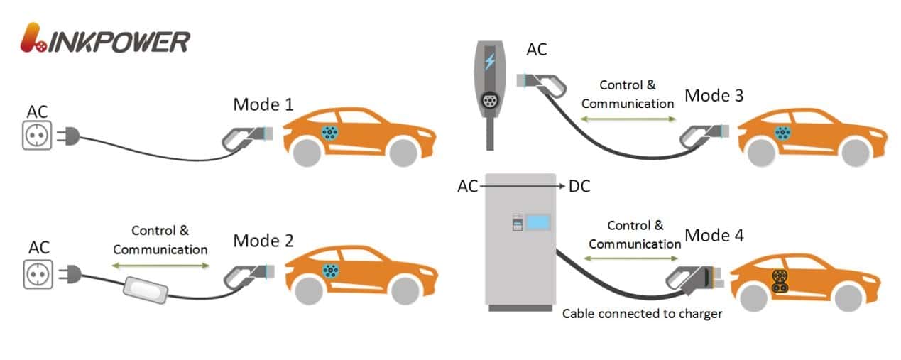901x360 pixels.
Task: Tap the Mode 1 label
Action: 263,105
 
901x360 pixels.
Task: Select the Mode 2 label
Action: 263,241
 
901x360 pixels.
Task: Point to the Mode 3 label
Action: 714,95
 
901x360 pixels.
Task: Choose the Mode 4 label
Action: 714,235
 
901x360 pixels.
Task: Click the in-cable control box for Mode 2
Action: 146,288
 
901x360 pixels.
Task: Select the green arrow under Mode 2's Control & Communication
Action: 160,266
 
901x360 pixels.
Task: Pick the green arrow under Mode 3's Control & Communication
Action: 628,119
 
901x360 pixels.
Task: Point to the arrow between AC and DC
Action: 522,186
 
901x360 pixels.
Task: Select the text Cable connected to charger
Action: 642,313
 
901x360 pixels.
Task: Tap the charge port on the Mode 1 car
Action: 329,132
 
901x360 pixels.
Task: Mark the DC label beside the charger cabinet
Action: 579,186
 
